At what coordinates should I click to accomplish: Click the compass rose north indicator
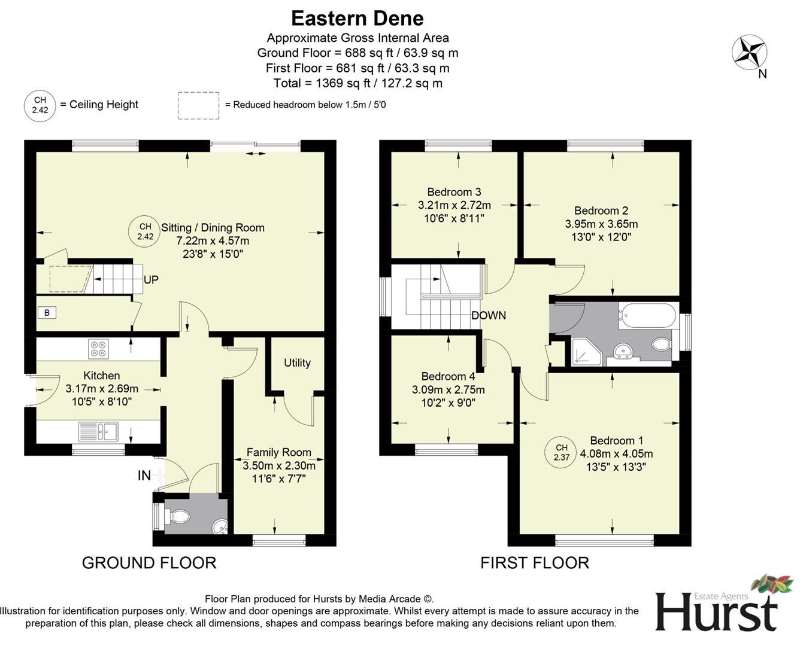pyautogui.click(x=750, y=53)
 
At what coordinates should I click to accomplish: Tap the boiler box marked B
pyautogui.click(x=47, y=312)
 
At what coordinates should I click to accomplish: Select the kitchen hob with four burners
pyautogui.click(x=98, y=349)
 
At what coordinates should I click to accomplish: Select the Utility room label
pyautogui.click(x=297, y=362)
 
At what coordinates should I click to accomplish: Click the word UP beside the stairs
pyautogui.click(x=151, y=280)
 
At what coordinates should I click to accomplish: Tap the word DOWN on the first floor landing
pyautogui.click(x=489, y=315)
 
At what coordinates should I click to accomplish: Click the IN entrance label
pyautogui.click(x=144, y=476)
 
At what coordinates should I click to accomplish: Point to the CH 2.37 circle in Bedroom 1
pyautogui.click(x=561, y=452)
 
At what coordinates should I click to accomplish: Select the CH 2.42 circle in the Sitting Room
pyautogui.click(x=145, y=231)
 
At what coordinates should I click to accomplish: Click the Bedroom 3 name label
pyautogui.click(x=454, y=192)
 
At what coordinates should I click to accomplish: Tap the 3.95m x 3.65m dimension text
pyautogui.click(x=601, y=224)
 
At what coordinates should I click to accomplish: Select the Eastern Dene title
pyautogui.click(x=357, y=19)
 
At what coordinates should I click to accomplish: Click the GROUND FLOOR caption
pyautogui.click(x=149, y=563)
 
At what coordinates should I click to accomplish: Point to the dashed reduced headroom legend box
pyautogui.click(x=198, y=105)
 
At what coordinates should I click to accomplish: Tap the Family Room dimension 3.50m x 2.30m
pyautogui.click(x=278, y=465)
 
